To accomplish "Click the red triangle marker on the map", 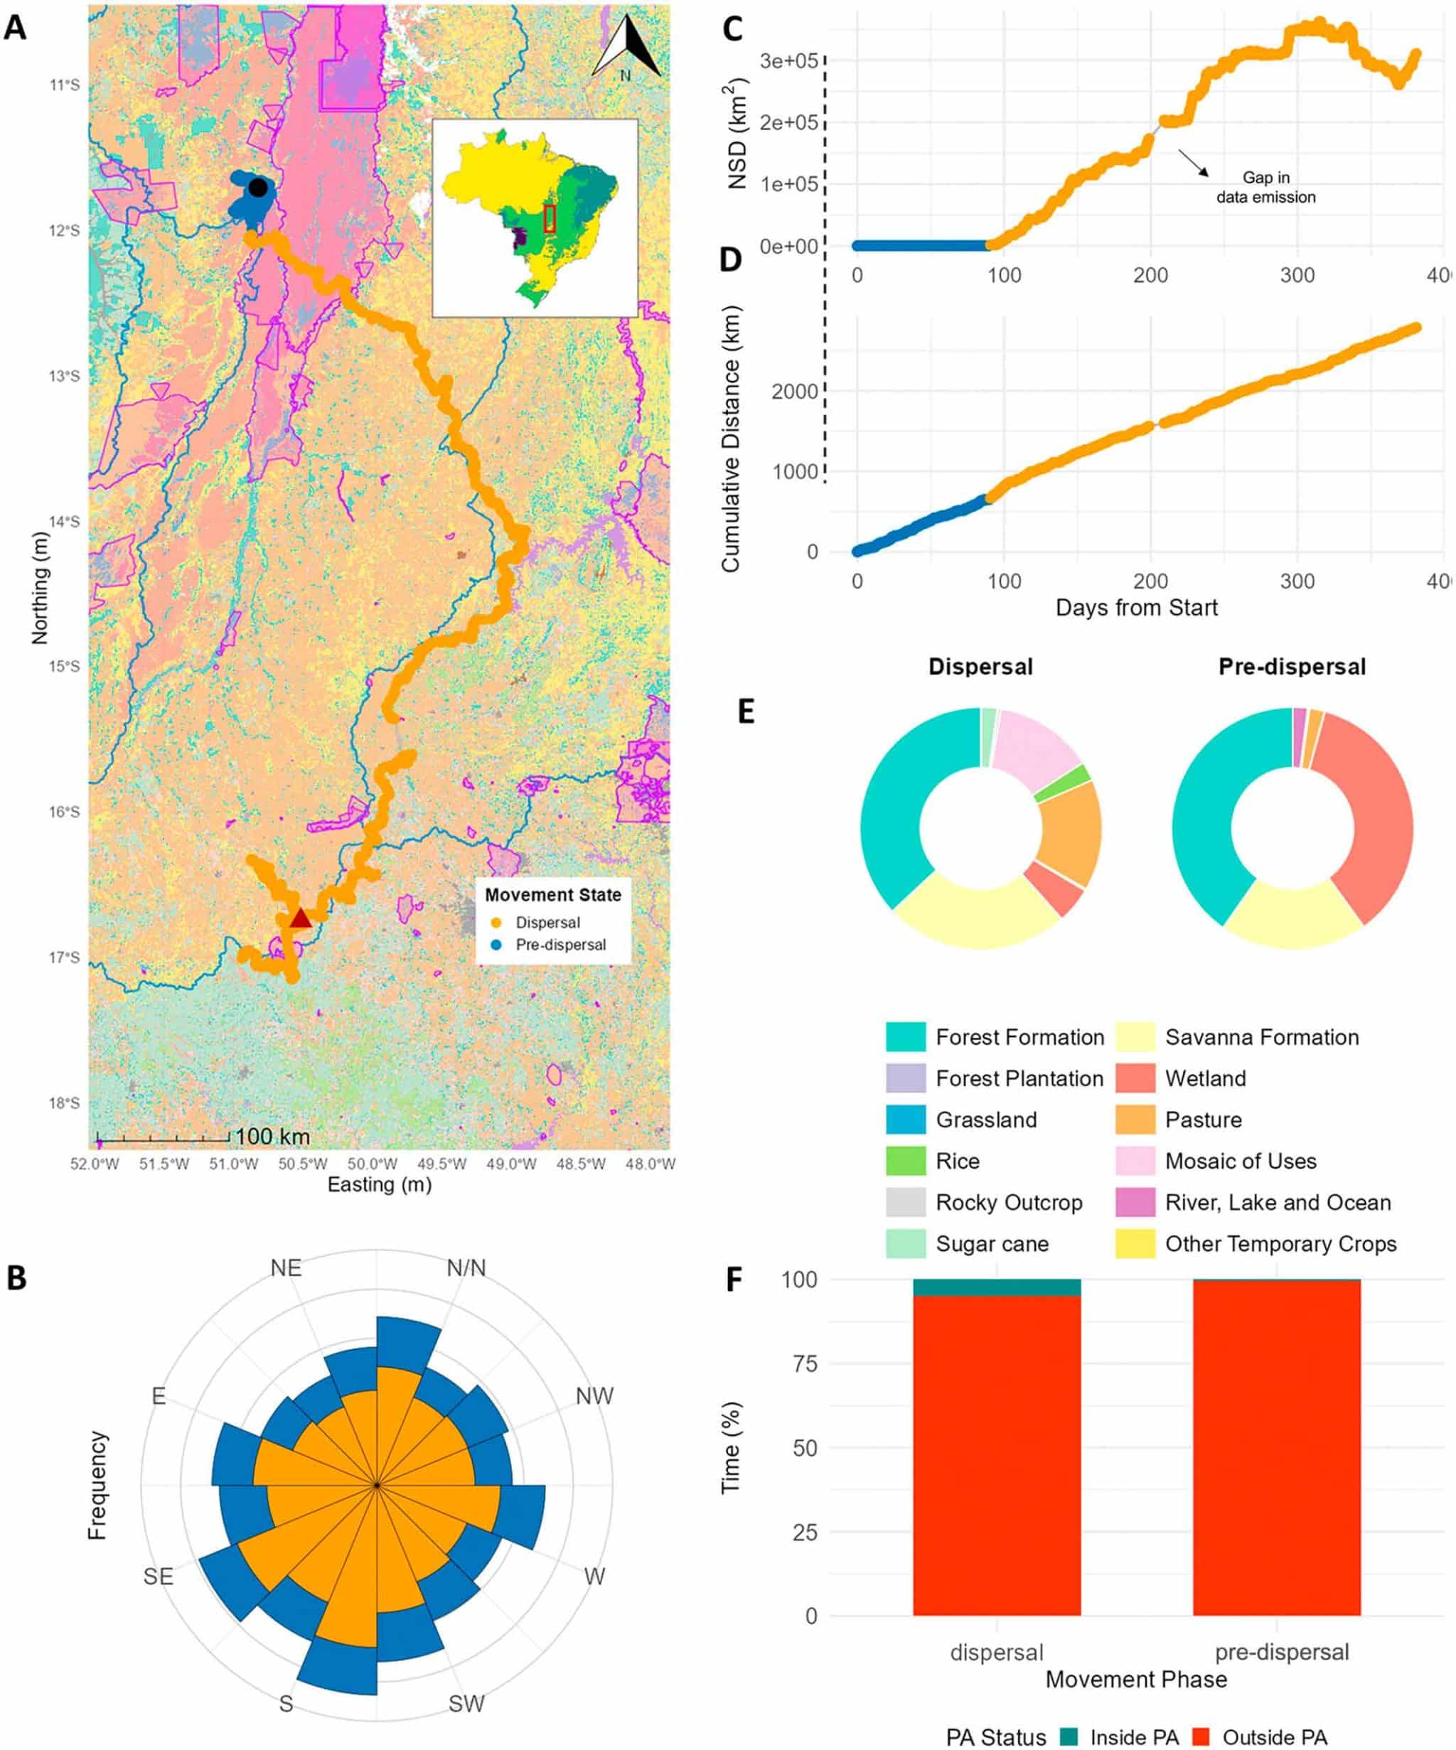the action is [300, 918].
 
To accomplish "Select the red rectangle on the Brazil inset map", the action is [550, 218].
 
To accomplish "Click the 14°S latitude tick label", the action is [64, 522].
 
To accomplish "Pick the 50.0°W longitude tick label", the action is [372, 1164].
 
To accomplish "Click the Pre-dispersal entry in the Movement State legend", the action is [560, 945].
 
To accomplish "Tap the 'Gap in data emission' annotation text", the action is [1265, 188].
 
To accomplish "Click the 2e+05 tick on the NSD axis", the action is [788, 122].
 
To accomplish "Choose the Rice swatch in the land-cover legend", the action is [905, 1160].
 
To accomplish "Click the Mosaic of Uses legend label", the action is [1240, 1161].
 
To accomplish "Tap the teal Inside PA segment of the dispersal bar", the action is [997, 1287].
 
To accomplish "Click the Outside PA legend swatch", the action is [1199, 1736].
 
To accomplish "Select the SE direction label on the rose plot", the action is [159, 1576].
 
